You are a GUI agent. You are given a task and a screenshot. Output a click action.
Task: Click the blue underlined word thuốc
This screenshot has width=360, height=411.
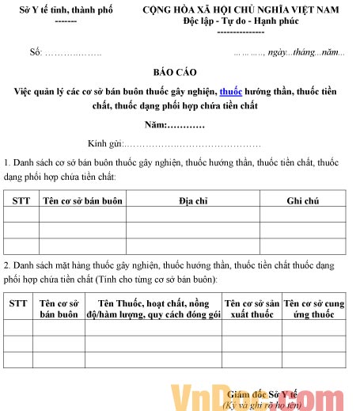coord(230,90)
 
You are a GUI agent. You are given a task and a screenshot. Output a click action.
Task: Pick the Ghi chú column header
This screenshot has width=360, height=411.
coord(302,200)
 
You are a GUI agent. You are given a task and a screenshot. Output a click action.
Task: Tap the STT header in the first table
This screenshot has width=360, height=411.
coord(21,200)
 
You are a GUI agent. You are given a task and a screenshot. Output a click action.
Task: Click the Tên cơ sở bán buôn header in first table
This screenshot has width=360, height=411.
coord(82,200)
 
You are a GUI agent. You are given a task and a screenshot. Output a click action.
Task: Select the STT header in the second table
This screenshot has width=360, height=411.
coord(18,303)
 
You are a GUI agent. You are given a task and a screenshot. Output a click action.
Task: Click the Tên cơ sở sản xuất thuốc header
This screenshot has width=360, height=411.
coord(251,309)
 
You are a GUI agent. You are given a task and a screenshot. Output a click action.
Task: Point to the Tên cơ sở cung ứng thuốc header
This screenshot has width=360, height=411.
coord(313,309)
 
